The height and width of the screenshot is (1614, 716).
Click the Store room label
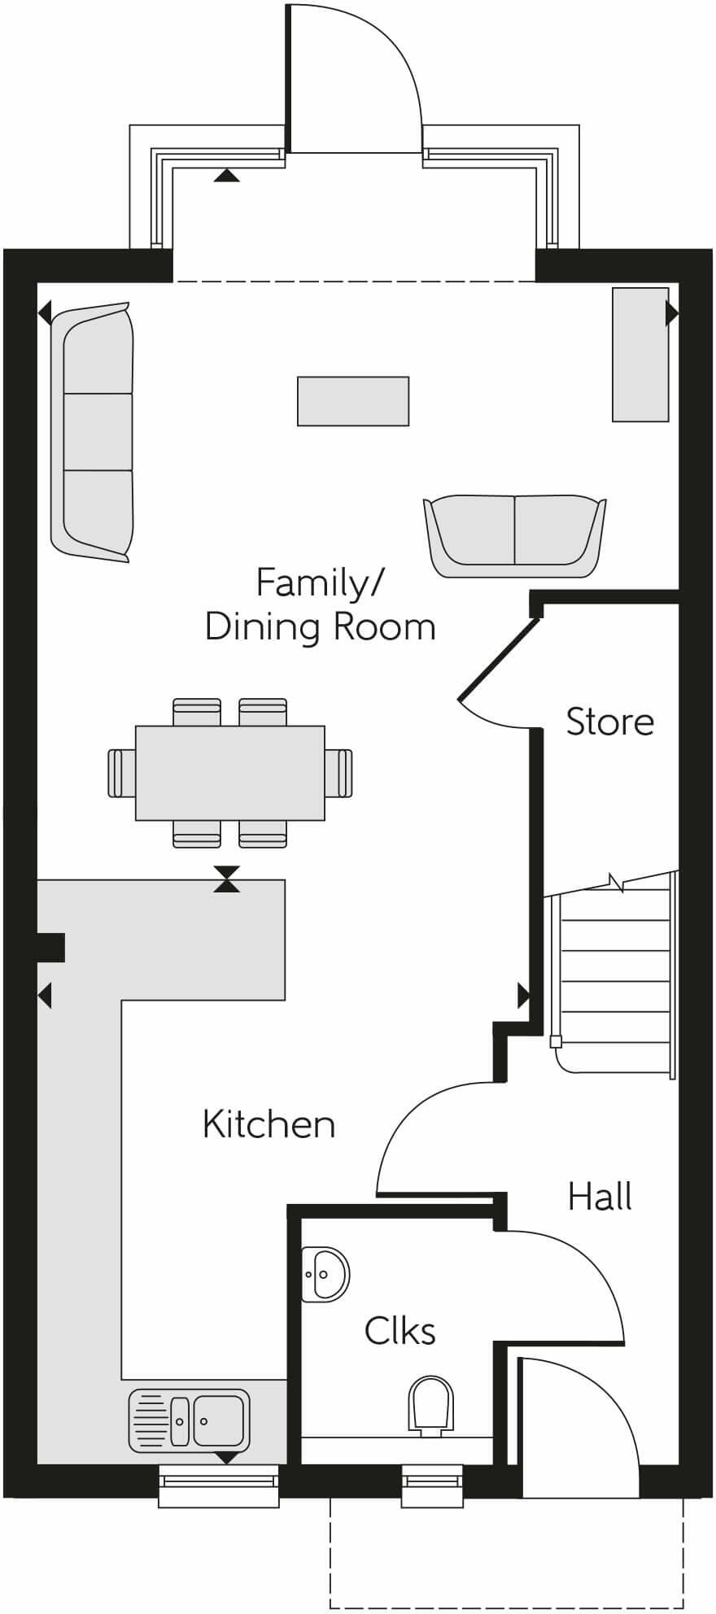coord(609,722)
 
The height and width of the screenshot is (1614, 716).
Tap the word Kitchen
coord(268,1124)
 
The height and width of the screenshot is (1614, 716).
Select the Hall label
coord(600,1197)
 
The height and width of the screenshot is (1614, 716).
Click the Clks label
coord(399,1332)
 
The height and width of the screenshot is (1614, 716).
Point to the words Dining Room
coord(320,627)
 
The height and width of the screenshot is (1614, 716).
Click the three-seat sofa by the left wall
coord(92,432)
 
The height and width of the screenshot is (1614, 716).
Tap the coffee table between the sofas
coord(353,401)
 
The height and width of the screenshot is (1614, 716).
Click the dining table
coord(230,773)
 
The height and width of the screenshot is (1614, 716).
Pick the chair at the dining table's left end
coord(120,773)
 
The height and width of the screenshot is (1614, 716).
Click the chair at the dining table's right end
coord(340,773)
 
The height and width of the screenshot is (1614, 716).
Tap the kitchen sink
coord(189,1420)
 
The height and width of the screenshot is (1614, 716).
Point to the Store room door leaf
coord(498,659)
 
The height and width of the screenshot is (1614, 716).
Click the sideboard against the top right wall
coord(640,354)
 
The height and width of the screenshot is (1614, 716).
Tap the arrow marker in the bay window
coord(227,175)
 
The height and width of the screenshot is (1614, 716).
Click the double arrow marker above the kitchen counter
coord(227,879)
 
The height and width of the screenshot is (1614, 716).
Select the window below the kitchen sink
coord(218,1485)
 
